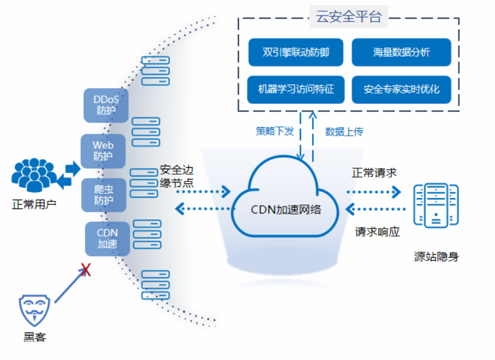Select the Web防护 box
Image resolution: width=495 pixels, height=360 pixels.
[x=103, y=151]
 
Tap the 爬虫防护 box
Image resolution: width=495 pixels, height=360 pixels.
[x=104, y=195]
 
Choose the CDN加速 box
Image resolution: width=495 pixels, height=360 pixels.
[x=107, y=239]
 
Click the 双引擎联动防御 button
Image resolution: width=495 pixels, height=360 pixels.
[x=295, y=52]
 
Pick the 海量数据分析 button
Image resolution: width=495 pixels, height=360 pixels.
[x=401, y=52]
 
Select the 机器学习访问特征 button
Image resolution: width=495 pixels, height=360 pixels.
[x=296, y=90]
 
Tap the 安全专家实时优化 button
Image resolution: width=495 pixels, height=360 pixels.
[x=401, y=90]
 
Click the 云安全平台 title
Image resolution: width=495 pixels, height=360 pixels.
[x=349, y=18]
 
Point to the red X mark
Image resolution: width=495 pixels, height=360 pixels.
[x=86, y=269]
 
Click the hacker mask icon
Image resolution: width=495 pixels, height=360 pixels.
[x=35, y=309]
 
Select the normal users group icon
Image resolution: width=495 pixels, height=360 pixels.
[x=33, y=174]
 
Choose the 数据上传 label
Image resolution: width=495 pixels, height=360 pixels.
[x=344, y=132]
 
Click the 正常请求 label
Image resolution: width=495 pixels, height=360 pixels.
[x=374, y=173]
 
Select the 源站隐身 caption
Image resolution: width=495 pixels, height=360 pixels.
[x=436, y=257]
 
